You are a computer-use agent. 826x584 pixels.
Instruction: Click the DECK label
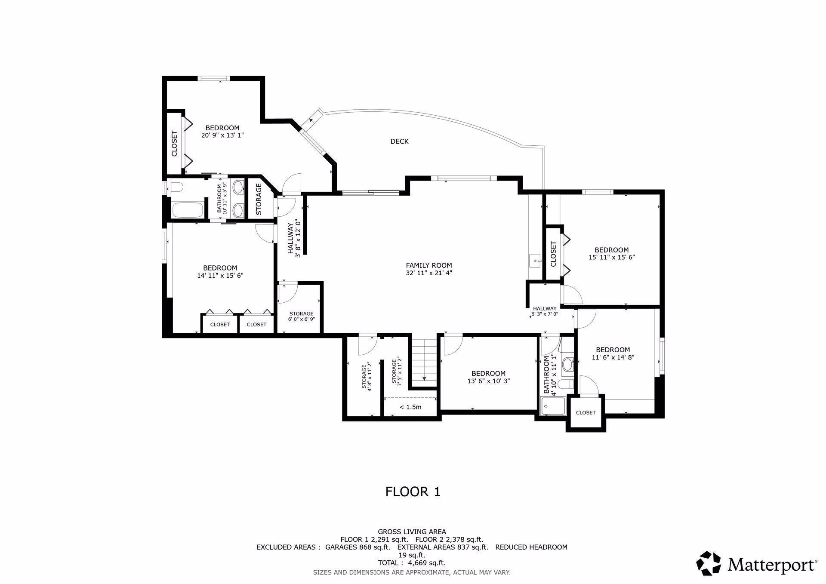[399, 141]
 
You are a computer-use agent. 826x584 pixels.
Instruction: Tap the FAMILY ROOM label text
[429, 265]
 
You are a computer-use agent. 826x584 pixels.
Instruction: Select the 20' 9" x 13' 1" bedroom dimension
[222, 135]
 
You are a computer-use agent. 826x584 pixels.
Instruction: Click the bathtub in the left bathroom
[188, 210]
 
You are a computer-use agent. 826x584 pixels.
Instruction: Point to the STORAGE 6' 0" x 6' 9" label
[301, 317]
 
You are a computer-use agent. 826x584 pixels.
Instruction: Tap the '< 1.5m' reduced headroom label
[410, 407]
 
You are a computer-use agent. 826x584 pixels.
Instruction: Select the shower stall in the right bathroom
[553, 407]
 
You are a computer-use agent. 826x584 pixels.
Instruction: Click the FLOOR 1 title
[413, 492]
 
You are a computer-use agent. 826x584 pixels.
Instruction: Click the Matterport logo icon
[709, 563]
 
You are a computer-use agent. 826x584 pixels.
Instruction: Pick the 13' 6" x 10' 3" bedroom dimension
[488, 381]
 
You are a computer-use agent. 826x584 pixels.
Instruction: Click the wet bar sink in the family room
[535, 260]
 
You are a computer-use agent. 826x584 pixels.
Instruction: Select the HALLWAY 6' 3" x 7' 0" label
[545, 311]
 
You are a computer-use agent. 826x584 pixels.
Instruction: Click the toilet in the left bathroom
[177, 187]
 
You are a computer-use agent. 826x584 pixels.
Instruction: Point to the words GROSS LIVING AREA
[412, 532]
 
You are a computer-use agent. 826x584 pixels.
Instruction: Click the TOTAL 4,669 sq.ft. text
[412, 563]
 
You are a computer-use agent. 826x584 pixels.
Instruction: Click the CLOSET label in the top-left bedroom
[174, 144]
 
